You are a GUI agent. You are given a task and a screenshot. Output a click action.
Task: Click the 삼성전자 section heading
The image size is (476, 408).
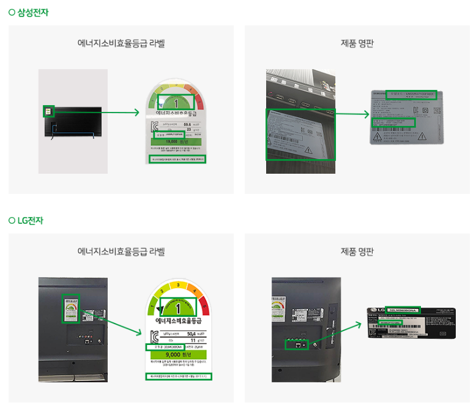click(x=32, y=12)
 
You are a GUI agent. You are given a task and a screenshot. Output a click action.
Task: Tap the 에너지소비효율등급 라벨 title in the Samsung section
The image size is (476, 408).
click(x=121, y=43)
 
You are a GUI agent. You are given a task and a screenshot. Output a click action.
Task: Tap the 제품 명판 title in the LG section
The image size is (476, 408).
click(x=357, y=251)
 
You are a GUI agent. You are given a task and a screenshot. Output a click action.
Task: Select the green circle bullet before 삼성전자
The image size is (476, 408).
click(x=12, y=12)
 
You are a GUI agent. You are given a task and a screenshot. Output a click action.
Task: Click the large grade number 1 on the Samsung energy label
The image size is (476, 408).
click(x=176, y=102)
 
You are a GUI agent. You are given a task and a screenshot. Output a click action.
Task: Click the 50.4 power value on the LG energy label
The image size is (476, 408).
click(x=195, y=333)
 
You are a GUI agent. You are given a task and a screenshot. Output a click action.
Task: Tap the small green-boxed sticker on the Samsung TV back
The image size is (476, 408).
click(x=48, y=111)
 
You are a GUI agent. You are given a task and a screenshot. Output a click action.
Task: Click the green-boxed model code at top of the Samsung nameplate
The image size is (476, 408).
click(x=411, y=95)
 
